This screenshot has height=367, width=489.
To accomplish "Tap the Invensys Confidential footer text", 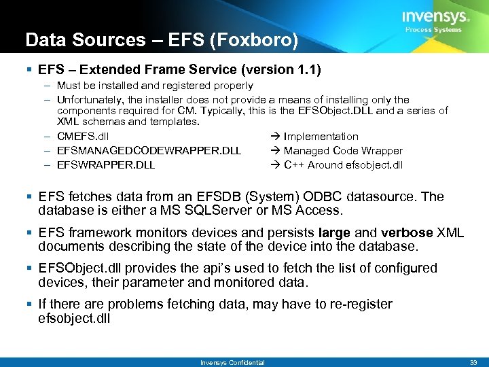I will pyautogui.click(x=232, y=362).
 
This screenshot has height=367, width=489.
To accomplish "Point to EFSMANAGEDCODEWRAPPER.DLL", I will pyautogui.click(x=149, y=151).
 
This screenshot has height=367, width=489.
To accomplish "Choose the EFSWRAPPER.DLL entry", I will pyautogui.click(x=106, y=165).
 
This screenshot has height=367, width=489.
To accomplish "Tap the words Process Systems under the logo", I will pyautogui.click(x=433, y=30).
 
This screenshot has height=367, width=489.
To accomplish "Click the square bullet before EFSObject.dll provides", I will pyautogui.click(x=31, y=268).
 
